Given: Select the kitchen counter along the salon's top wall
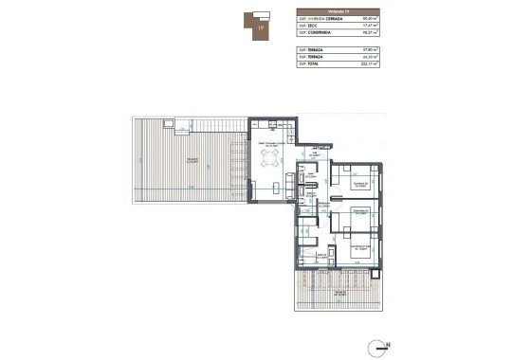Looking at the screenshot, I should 271,123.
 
